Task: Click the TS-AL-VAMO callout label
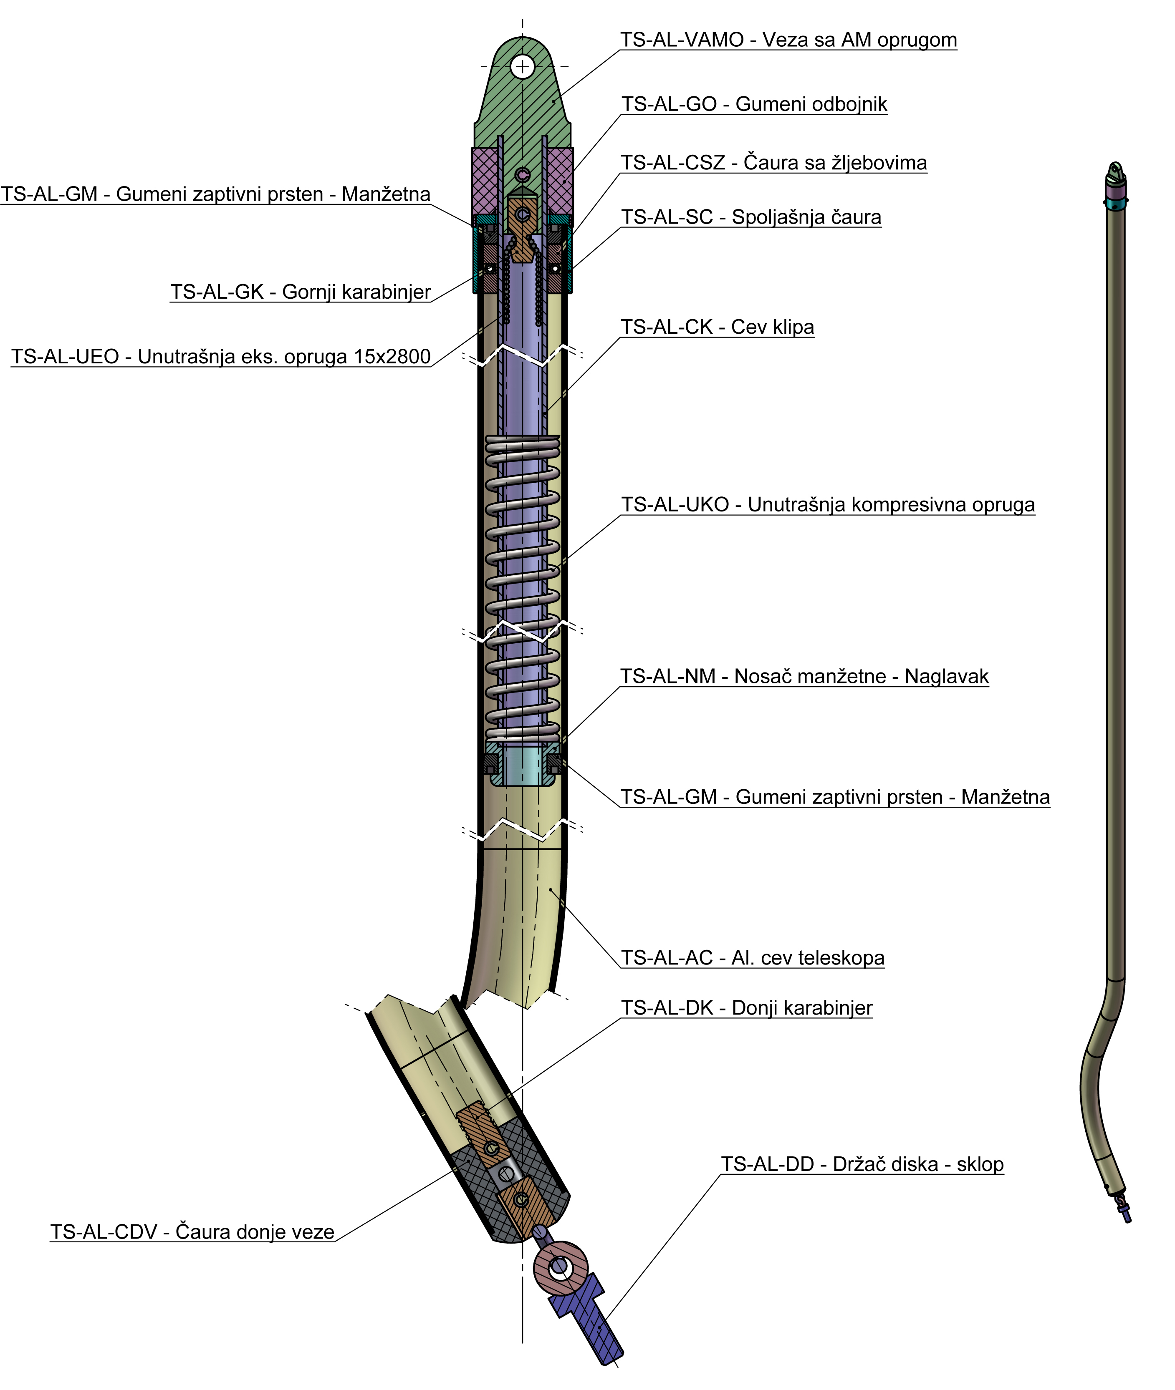coord(788,40)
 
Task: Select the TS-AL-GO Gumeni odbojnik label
coord(754,105)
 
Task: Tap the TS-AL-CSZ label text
coord(773,163)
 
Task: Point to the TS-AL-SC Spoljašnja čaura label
coord(750,218)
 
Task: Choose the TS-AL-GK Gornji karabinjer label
coord(301,292)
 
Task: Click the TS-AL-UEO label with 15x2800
coord(220,357)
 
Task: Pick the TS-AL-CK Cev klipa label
coord(717,327)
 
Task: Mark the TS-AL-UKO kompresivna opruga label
coord(827,505)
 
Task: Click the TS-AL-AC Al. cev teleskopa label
coord(752,958)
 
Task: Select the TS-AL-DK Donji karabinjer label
coord(746,1008)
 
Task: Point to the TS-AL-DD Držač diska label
coord(862,1164)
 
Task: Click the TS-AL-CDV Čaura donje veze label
coord(192,1232)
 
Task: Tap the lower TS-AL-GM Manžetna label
coord(835,798)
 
